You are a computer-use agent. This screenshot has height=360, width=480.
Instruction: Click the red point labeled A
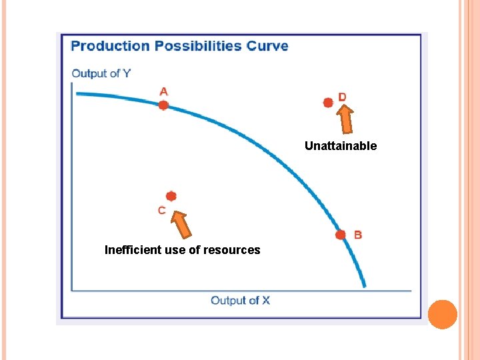[x=163, y=105]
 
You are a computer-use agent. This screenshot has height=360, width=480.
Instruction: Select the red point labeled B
[x=341, y=235]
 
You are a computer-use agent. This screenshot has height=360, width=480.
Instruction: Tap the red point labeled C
[x=171, y=196]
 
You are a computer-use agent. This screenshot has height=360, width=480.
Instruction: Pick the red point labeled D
[x=328, y=103]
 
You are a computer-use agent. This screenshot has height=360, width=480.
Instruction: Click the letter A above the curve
[x=163, y=91]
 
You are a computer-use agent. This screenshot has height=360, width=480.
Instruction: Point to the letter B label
[x=358, y=235]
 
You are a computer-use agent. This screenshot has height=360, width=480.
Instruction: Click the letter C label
[x=162, y=211]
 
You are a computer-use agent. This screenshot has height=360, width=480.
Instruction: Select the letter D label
[x=342, y=97]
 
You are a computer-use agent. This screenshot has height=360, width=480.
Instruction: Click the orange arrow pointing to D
[x=345, y=120]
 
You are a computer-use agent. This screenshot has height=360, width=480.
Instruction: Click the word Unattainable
[x=341, y=146]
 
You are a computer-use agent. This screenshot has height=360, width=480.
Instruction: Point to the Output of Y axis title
[x=101, y=73]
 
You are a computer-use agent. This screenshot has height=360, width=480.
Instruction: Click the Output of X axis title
[x=240, y=301]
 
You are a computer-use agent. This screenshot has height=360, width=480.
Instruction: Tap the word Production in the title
[x=110, y=46]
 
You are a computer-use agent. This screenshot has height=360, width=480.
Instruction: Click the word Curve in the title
[x=267, y=46]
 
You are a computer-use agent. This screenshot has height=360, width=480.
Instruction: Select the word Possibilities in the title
[x=198, y=46]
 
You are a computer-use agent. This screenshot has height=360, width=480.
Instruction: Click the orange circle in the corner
[x=442, y=314]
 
